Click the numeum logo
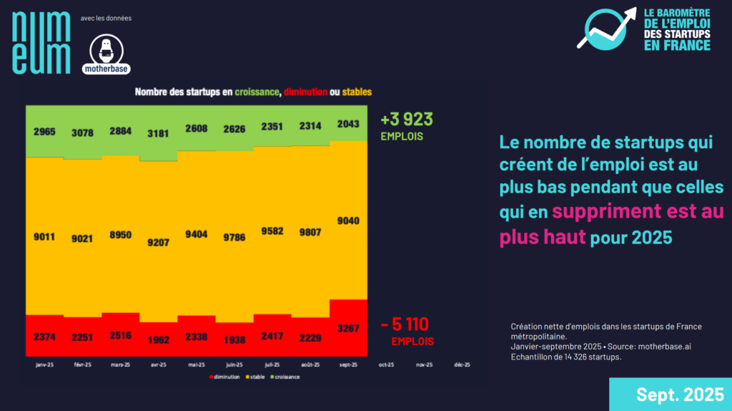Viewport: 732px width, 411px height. [41, 44]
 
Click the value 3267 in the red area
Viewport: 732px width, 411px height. [348, 329]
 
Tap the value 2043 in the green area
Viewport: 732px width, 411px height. [348, 124]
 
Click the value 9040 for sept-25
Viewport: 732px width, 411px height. [348, 221]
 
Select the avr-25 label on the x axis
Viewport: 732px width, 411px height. [159, 364]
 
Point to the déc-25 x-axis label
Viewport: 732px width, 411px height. [462, 364]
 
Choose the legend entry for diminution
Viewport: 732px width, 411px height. [224, 377]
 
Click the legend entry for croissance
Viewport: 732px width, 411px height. [284, 377]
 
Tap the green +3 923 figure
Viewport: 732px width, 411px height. [407, 119]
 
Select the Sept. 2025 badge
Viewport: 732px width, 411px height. [671, 395]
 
